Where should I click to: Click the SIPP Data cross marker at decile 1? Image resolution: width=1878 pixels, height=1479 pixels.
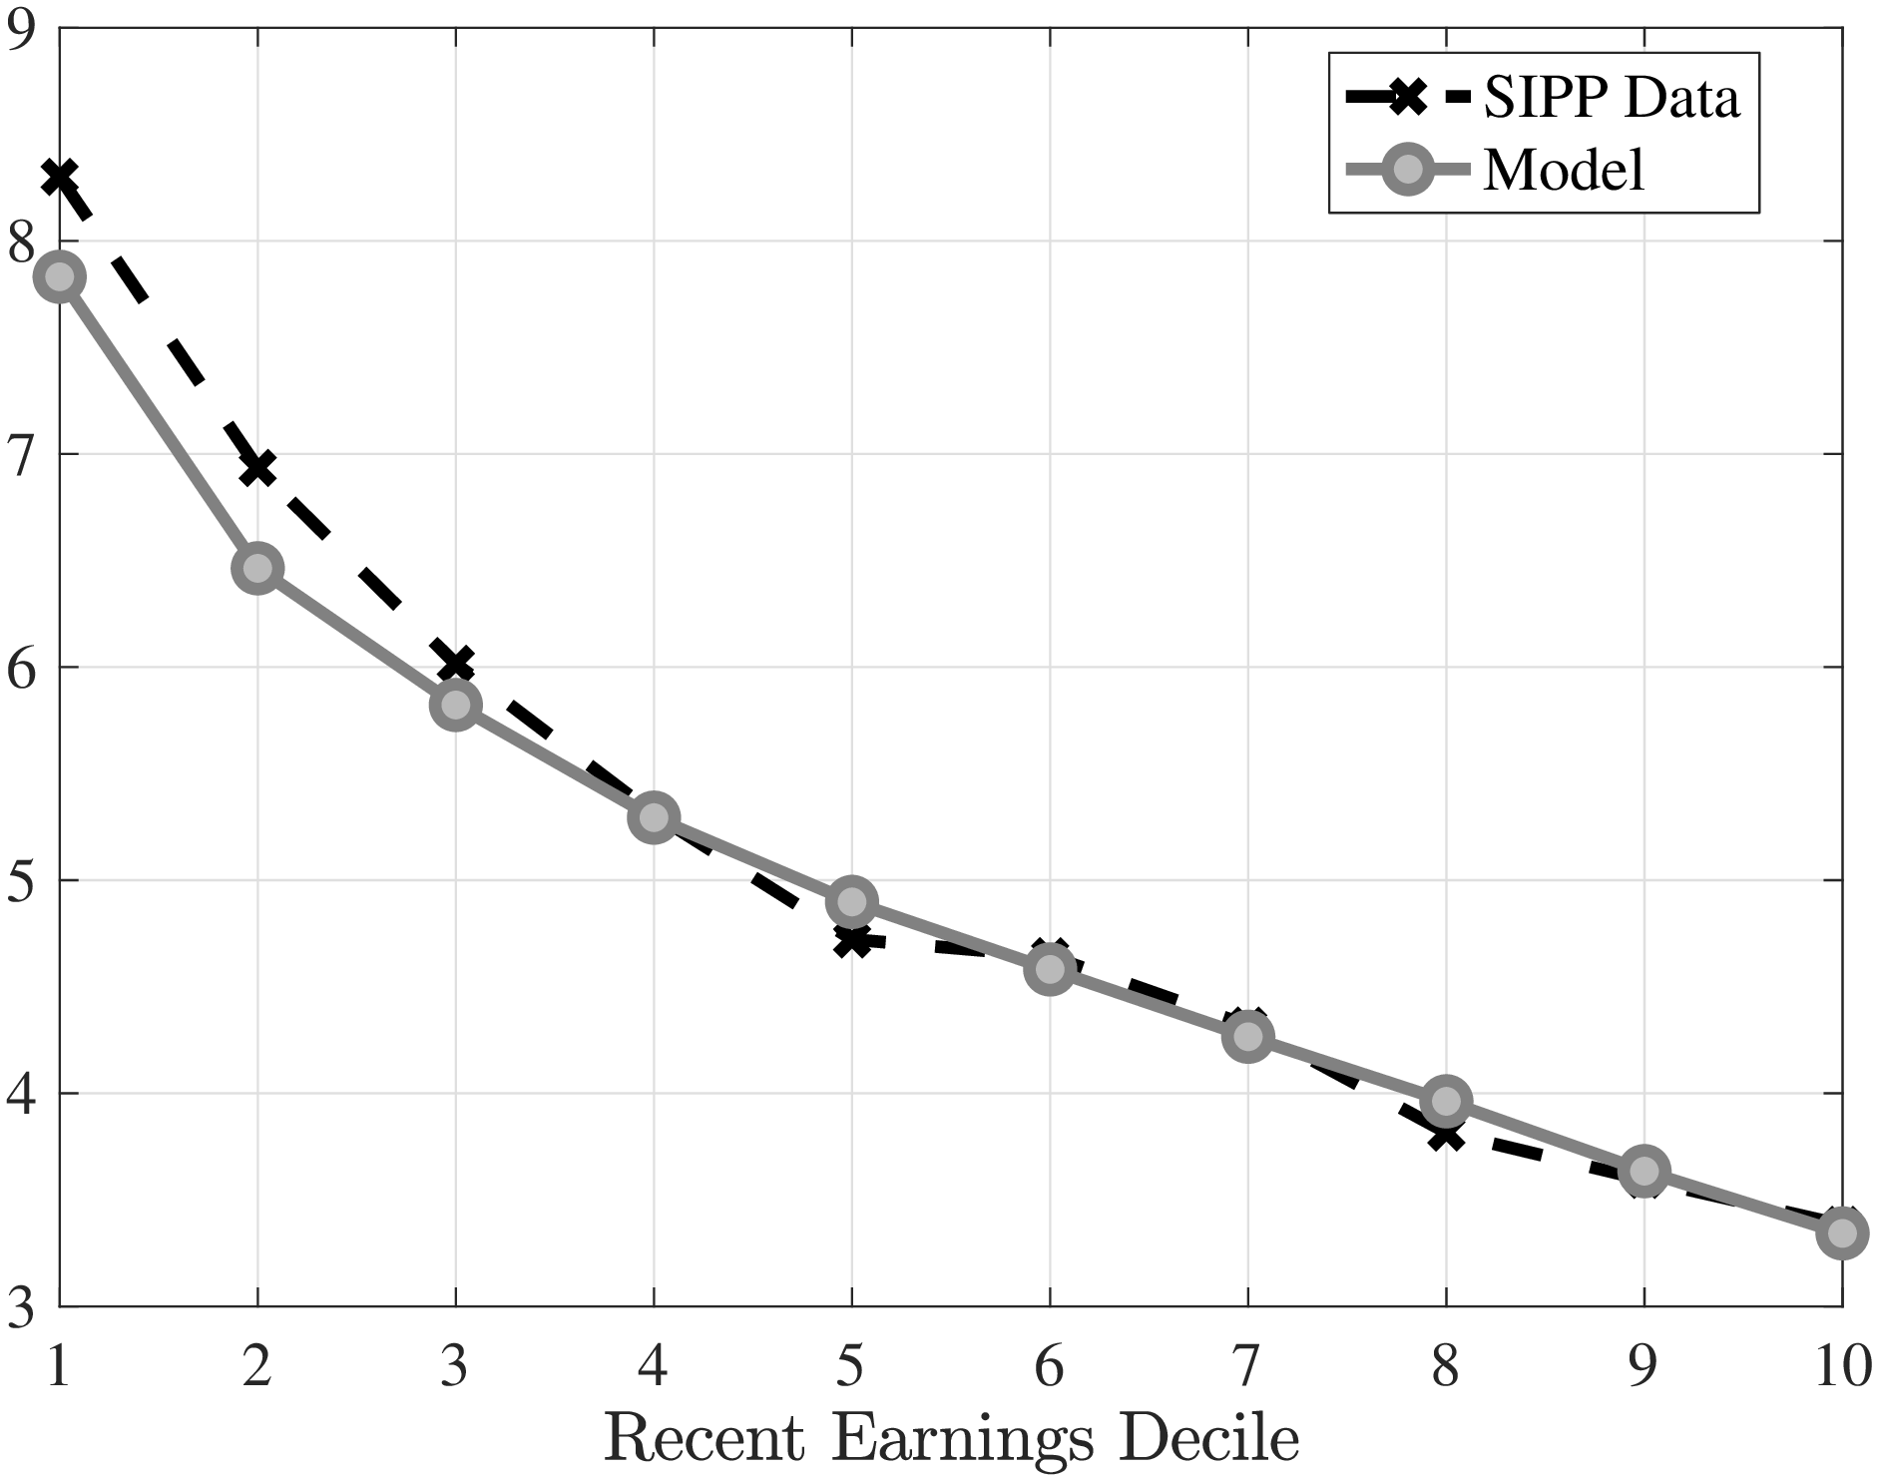coord(60,178)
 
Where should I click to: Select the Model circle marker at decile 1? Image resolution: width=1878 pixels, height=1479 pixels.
coord(60,276)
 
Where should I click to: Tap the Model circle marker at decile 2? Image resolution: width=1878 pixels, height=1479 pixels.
coord(257,568)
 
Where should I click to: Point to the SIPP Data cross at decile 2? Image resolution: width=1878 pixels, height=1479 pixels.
coord(257,467)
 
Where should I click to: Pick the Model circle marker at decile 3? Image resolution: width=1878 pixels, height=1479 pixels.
coord(456,705)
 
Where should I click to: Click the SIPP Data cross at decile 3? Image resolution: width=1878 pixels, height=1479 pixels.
coord(456,663)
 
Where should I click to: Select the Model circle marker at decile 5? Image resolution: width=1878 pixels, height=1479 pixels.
coord(851,902)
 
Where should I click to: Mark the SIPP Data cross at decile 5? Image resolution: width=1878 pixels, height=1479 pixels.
coord(851,939)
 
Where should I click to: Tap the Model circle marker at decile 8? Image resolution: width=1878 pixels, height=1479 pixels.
coord(1445,1101)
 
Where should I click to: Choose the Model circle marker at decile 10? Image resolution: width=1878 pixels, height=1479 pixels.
coord(1842,1232)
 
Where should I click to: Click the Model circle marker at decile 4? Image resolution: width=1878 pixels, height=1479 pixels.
coord(654,817)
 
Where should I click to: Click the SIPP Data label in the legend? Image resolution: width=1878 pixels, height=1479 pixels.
coord(1612,98)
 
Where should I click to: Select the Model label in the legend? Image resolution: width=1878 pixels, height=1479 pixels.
coord(1564,171)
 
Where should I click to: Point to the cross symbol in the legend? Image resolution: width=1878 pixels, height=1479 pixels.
coord(1408,98)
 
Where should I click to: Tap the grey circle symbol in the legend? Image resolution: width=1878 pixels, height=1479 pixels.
coord(1408,171)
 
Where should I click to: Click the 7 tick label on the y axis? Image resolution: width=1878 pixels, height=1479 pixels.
coord(20,455)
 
